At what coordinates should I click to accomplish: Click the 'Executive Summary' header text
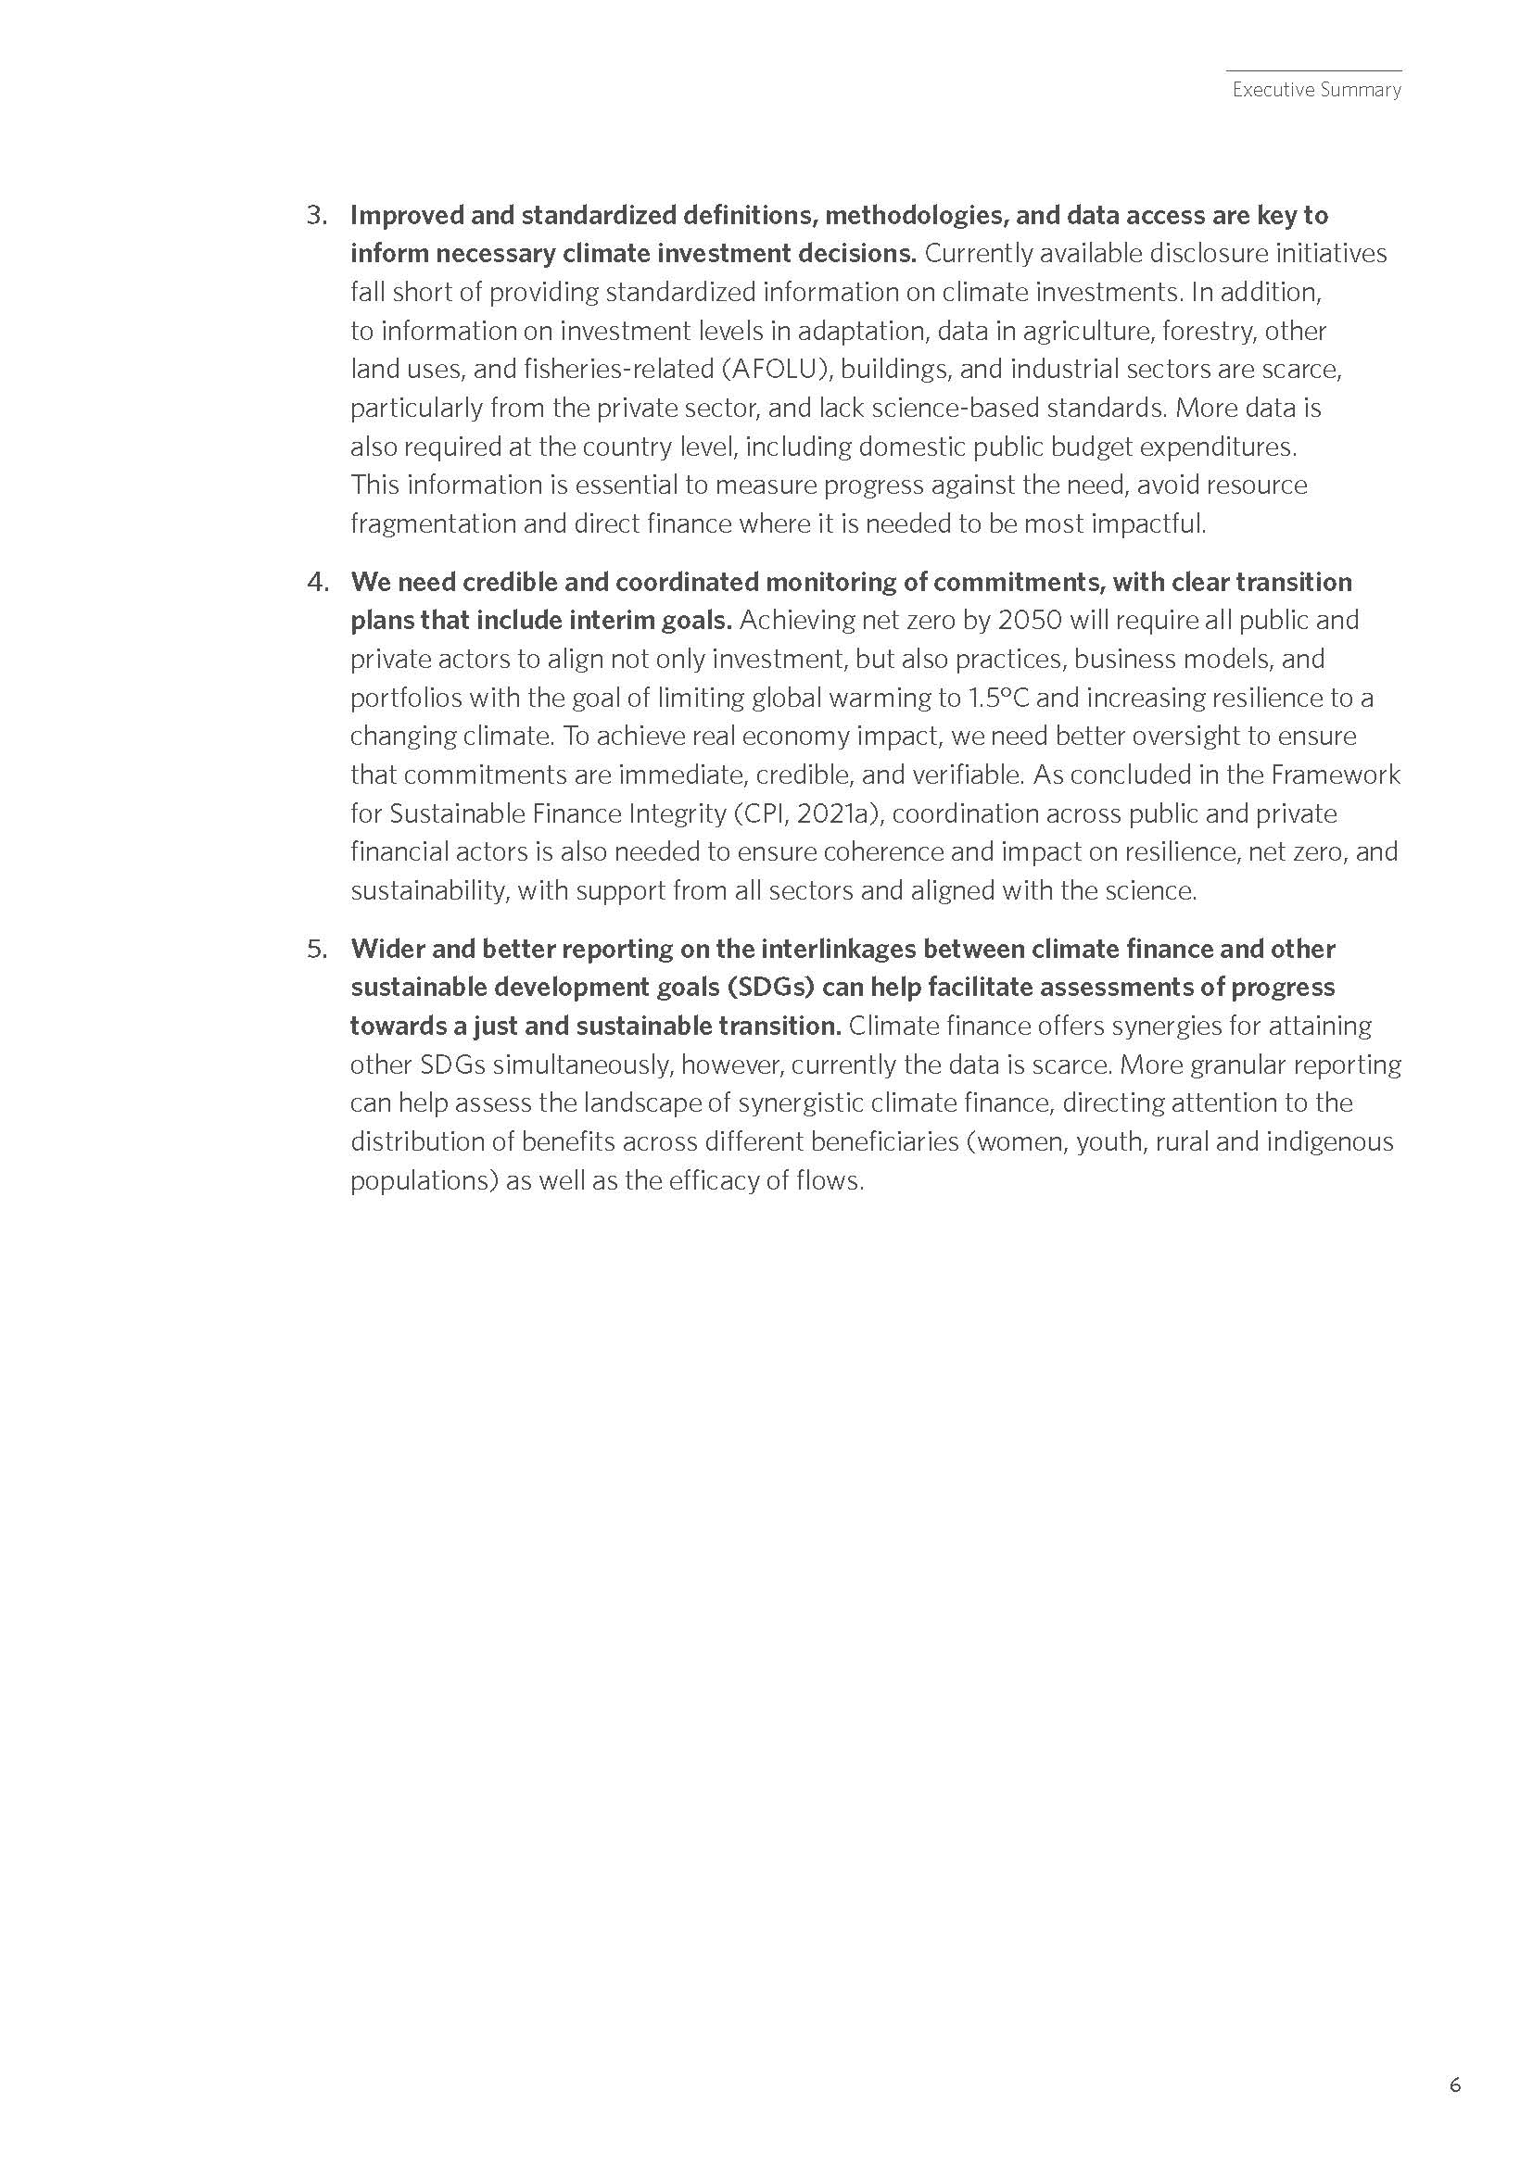click(1316, 90)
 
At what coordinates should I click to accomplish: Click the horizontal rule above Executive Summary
click(1313, 70)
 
